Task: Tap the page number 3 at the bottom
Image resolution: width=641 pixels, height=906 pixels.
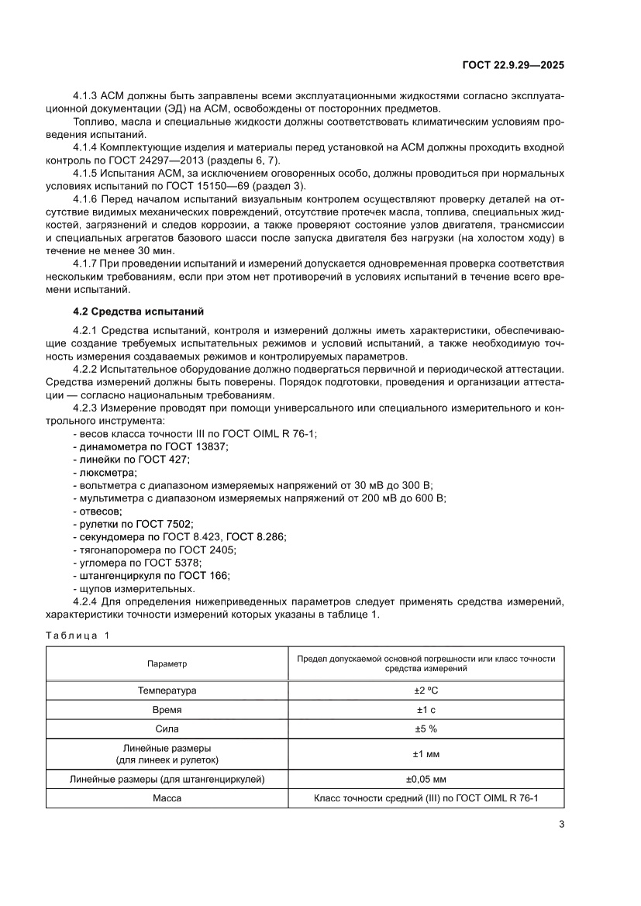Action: coord(560,824)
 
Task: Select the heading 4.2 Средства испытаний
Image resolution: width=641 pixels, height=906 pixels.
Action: coord(137,312)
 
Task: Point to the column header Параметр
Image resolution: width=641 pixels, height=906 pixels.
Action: coord(167,664)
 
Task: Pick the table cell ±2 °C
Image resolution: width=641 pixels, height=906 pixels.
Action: coord(426,690)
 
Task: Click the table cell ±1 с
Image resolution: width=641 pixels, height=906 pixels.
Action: coord(426,709)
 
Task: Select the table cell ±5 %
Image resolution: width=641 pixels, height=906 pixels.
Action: coord(426,729)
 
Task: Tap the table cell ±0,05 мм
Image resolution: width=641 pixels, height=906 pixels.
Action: coord(426,779)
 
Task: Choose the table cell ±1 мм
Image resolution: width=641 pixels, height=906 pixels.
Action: coord(426,754)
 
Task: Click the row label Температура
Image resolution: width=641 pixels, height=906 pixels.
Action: coord(167,690)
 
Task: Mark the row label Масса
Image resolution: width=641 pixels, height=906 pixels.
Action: coord(167,798)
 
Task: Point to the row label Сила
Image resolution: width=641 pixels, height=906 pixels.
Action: coord(167,729)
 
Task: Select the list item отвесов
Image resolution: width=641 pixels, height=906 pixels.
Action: coord(100,511)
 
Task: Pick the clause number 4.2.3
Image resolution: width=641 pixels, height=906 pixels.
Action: coord(86,408)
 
